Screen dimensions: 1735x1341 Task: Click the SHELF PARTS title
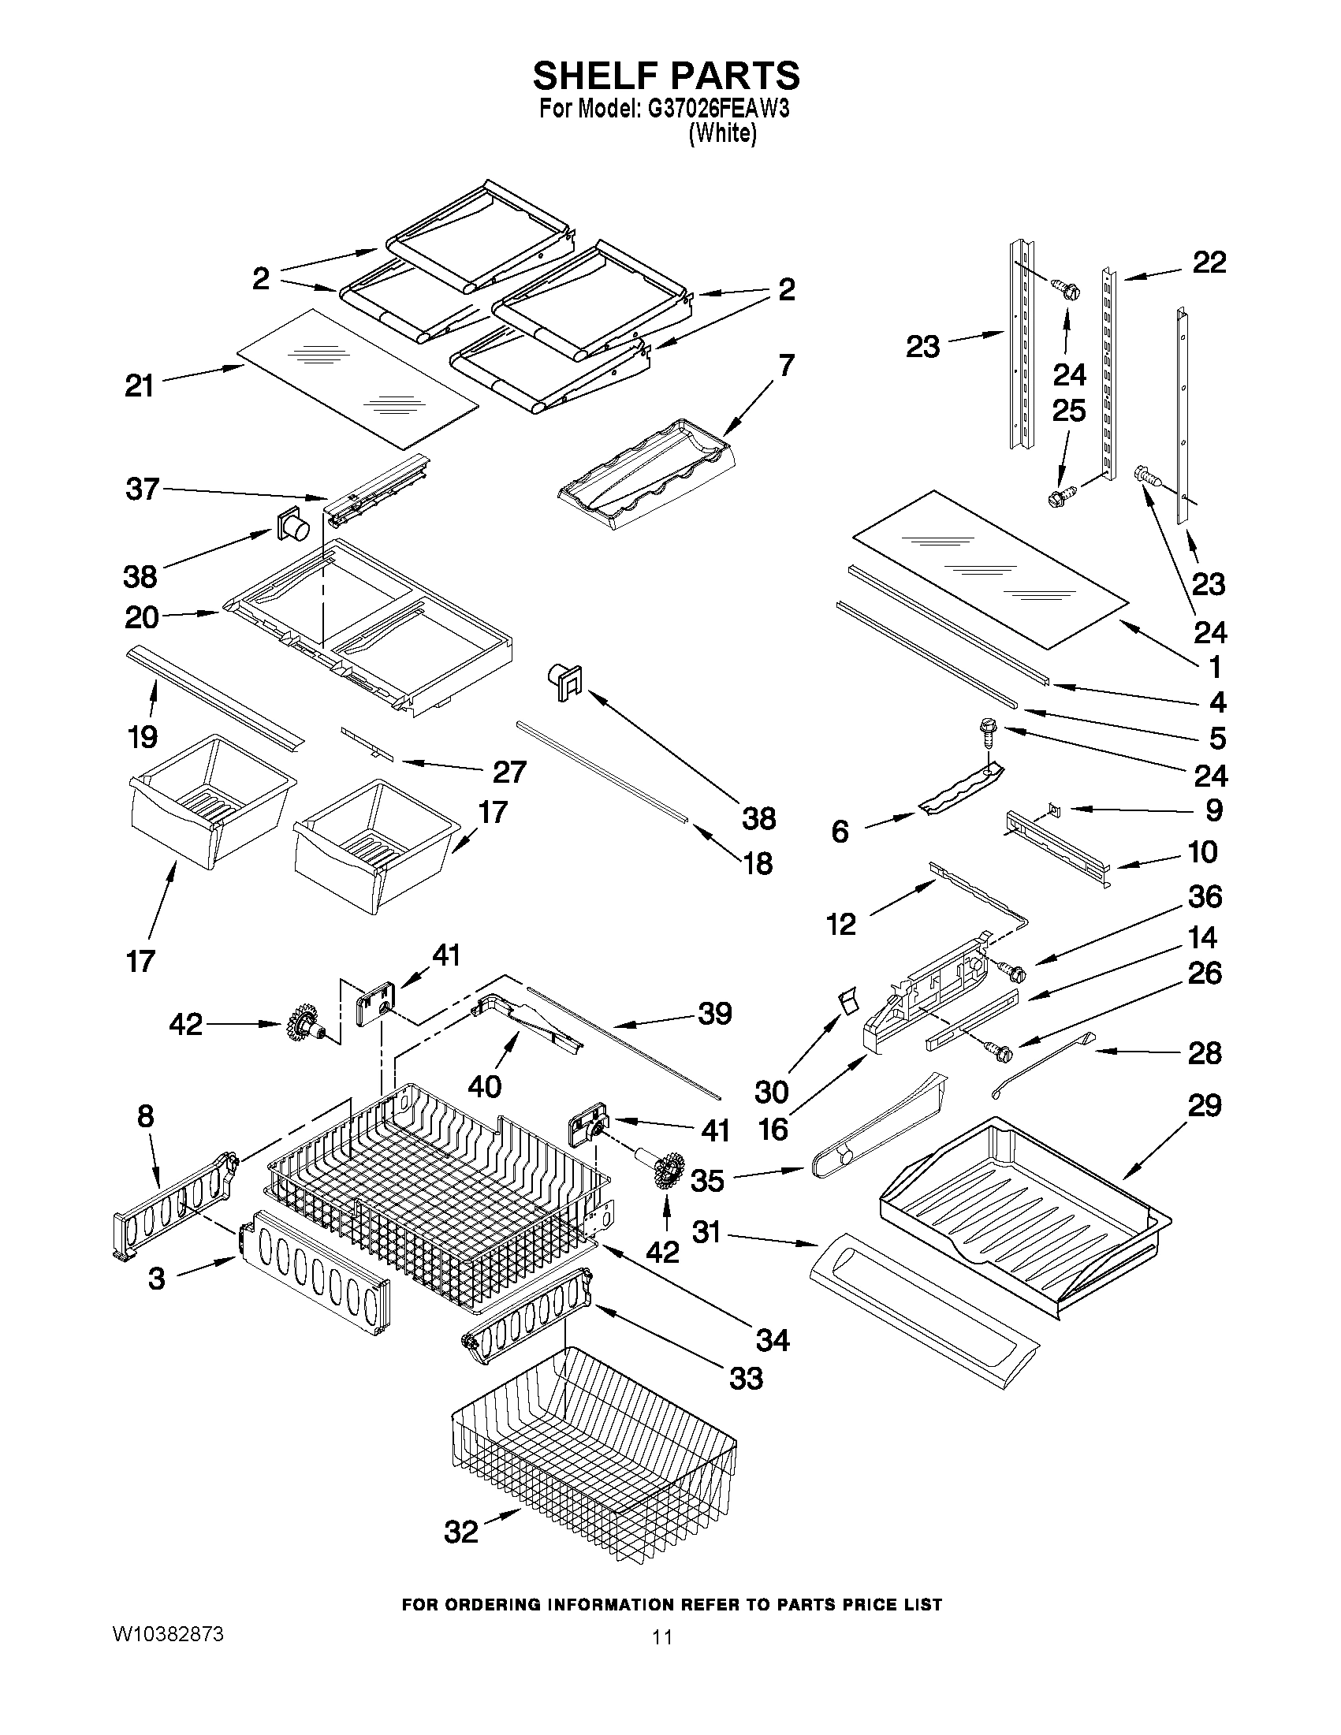click(665, 76)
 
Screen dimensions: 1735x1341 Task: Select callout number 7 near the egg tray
click(786, 366)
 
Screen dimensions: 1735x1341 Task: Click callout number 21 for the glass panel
click(139, 386)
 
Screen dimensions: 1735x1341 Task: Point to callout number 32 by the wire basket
click(460, 1532)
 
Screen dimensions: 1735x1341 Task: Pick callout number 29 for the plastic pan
click(1205, 1105)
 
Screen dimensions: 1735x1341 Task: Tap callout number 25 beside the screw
click(1068, 411)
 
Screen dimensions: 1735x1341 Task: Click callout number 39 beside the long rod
click(714, 1013)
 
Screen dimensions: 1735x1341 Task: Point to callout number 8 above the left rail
click(145, 1116)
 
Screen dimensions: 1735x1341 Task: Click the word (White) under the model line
click(722, 134)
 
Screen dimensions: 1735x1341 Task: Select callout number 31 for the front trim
click(706, 1232)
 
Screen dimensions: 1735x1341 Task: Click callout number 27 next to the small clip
click(509, 772)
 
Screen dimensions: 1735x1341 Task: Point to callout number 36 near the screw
click(1205, 897)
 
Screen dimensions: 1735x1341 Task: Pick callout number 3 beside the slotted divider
click(157, 1279)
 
